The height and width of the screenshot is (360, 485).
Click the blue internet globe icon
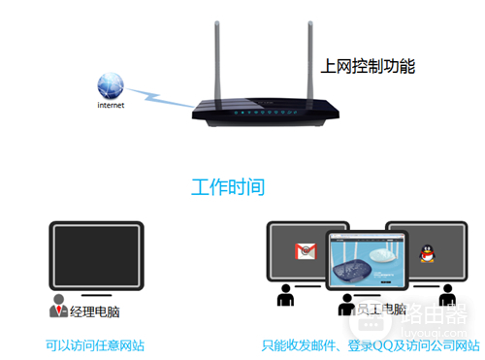[x=113, y=83]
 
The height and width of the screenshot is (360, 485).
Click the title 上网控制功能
[x=368, y=67]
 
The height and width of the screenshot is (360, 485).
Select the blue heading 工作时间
[x=227, y=186]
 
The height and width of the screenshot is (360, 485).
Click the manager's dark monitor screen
[x=96, y=255]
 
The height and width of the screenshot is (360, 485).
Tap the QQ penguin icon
[x=424, y=254]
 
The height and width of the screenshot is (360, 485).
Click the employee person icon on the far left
[x=285, y=295]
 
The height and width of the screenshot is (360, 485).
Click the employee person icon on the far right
[x=447, y=295]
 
